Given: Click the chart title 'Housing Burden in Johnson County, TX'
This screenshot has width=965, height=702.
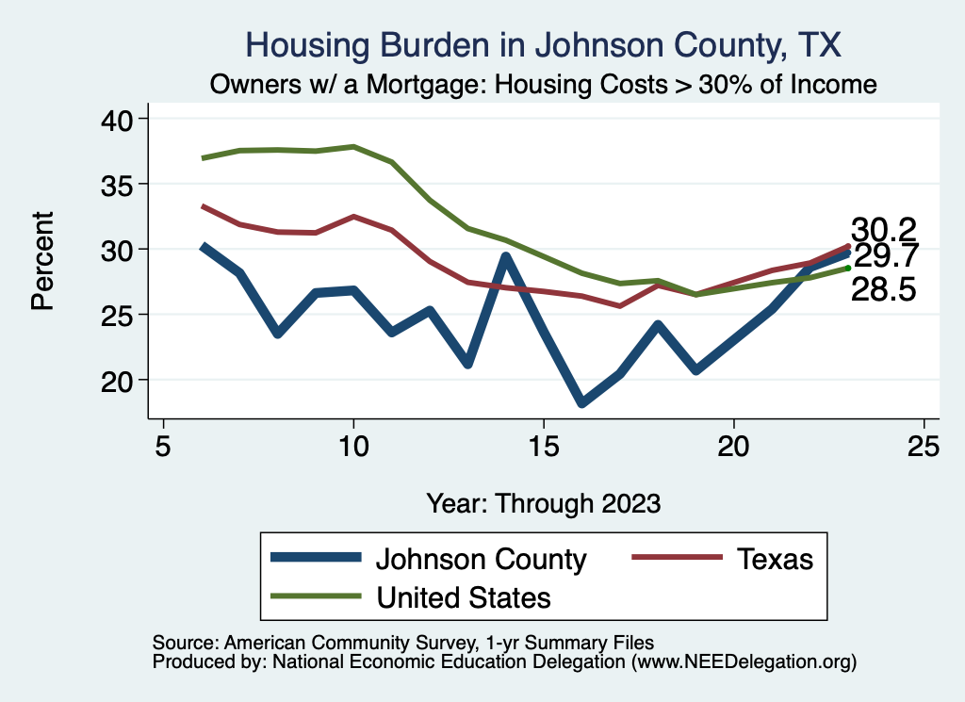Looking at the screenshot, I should point(543,45).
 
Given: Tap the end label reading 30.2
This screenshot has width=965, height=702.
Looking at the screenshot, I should point(884,230).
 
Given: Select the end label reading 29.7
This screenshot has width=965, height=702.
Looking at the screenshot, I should point(886,256).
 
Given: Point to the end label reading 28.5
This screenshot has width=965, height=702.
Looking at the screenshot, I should point(884,289).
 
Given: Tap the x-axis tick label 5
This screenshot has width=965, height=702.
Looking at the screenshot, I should point(164,446).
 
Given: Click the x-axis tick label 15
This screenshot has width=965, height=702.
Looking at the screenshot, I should point(543,446).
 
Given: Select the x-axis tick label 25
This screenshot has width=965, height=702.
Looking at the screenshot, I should point(924,446).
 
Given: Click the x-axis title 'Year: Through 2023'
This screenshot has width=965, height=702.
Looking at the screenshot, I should point(543,502).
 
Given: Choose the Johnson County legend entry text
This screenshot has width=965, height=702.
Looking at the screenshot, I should point(481,559).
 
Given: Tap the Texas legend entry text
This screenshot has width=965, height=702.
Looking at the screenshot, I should point(774,559).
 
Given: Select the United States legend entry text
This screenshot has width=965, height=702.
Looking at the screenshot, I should point(464,597).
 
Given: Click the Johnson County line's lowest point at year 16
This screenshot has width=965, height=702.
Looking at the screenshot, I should point(581,403).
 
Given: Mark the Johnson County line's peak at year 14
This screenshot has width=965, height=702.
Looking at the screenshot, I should point(506,256).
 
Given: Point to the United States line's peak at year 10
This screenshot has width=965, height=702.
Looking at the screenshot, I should point(353,147).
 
